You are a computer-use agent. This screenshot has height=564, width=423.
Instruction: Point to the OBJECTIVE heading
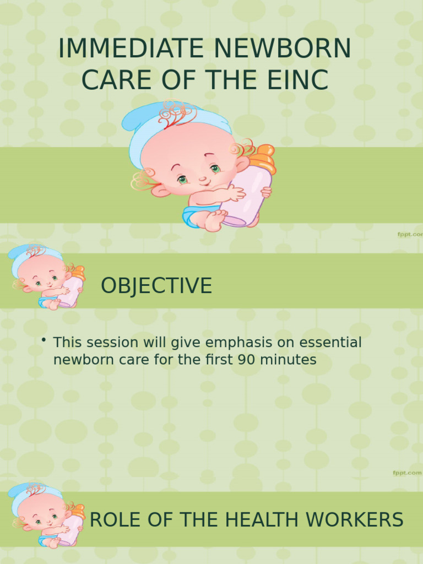click(156, 286)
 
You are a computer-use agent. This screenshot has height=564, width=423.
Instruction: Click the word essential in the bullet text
click(330, 343)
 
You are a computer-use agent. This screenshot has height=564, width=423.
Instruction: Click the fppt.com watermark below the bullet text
click(407, 473)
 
